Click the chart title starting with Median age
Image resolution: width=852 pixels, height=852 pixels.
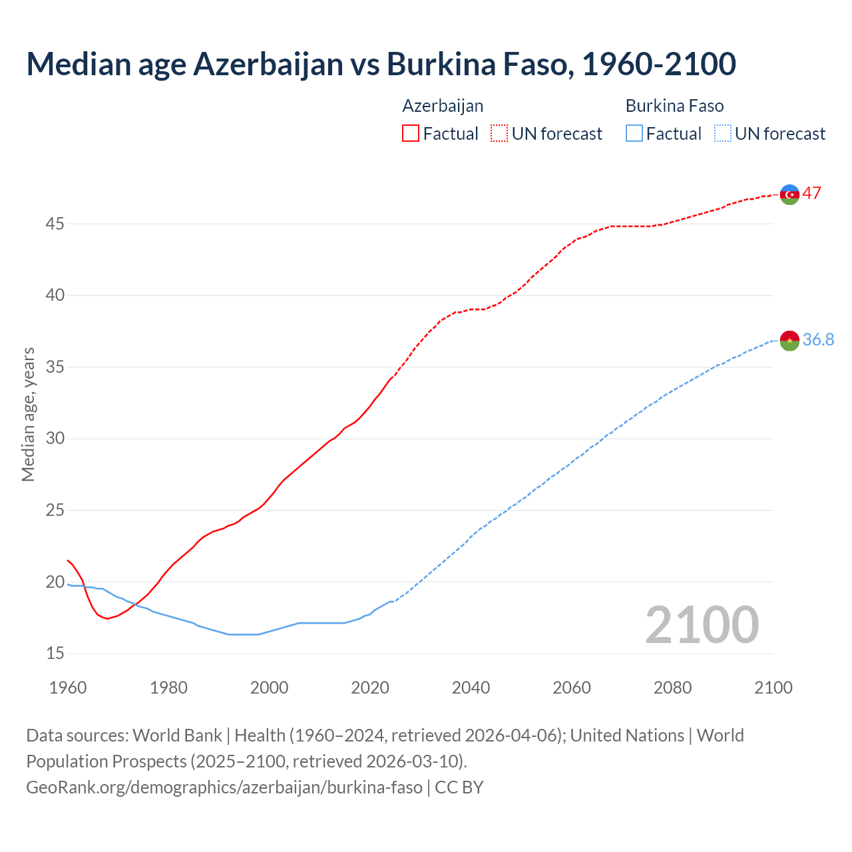pos(381,64)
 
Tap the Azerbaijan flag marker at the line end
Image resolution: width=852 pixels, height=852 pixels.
pos(789,194)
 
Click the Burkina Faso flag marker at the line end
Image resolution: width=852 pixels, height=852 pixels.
pos(789,340)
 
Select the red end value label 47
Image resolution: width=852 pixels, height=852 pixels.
pos(811,194)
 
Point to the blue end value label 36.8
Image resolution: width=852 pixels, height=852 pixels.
pos(818,340)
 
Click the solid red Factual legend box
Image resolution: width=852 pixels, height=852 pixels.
pos(411,134)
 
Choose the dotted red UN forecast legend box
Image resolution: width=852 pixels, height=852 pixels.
pos(499,134)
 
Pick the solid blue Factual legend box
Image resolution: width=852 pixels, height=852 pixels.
pos(634,134)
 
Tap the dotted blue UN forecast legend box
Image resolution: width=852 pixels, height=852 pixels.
pos(722,134)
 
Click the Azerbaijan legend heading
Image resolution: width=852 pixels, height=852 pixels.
pos(443,106)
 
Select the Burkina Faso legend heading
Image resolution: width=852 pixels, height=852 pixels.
pos(674,106)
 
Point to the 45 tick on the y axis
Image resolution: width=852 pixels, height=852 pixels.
pos(55,224)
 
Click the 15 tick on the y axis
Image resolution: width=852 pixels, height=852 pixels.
pos(55,654)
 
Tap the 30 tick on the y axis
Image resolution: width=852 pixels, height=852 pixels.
pos(55,439)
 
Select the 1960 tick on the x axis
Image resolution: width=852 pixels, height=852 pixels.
pos(68,688)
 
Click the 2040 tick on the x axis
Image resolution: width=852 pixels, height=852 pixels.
pos(471,688)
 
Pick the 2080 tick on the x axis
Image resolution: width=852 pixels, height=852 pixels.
pos(672,688)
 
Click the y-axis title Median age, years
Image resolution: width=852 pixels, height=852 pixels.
pos(28,414)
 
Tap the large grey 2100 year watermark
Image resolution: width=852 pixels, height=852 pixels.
pos(702,624)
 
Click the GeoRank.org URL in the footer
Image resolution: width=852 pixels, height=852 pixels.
pos(224,787)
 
